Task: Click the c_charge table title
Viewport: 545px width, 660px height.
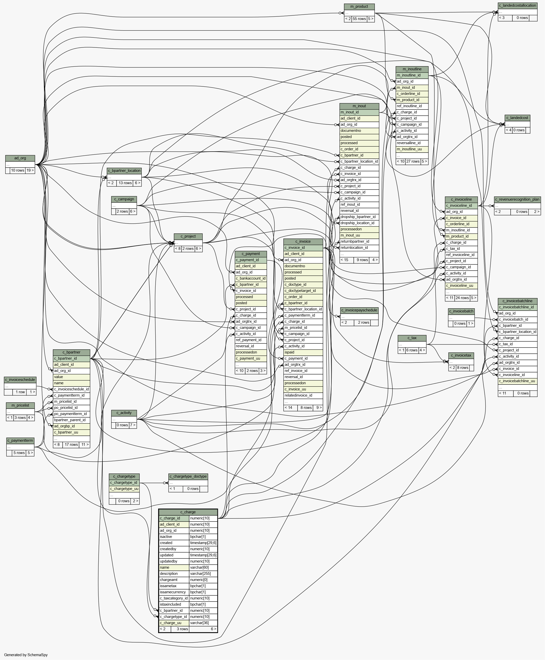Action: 188,512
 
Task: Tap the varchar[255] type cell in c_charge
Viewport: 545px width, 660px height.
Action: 203,573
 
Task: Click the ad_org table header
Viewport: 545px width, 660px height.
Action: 20,158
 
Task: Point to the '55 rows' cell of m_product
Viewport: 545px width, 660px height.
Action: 359,19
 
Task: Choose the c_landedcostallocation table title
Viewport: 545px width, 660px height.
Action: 517,6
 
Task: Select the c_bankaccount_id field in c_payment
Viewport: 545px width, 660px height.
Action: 251,278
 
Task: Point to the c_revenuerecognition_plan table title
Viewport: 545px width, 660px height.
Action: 517,200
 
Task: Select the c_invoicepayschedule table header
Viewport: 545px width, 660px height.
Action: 359,310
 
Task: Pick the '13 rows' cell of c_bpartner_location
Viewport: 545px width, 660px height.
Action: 125,183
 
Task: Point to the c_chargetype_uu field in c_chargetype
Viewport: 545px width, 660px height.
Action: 124,489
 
